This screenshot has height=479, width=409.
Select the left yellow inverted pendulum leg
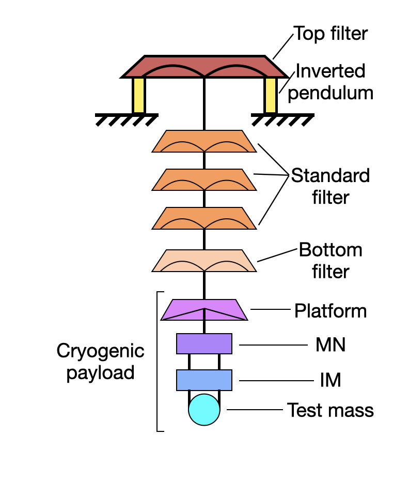(x=138, y=95)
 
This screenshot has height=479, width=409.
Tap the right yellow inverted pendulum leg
(x=270, y=95)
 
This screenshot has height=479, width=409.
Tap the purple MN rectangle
(x=204, y=344)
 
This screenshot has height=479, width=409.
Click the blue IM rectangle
(x=204, y=380)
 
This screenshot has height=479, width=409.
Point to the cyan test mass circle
(x=204, y=410)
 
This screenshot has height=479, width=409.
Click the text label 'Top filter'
(x=331, y=34)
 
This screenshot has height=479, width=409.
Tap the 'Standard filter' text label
(x=331, y=186)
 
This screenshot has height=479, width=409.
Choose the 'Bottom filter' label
(x=331, y=261)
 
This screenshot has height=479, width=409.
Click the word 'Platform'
(x=331, y=311)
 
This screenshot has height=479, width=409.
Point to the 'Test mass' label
(x=331, y=410)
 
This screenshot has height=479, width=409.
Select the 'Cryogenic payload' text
(x=100, y=362)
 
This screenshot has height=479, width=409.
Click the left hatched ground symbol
(x=127, y=119)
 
